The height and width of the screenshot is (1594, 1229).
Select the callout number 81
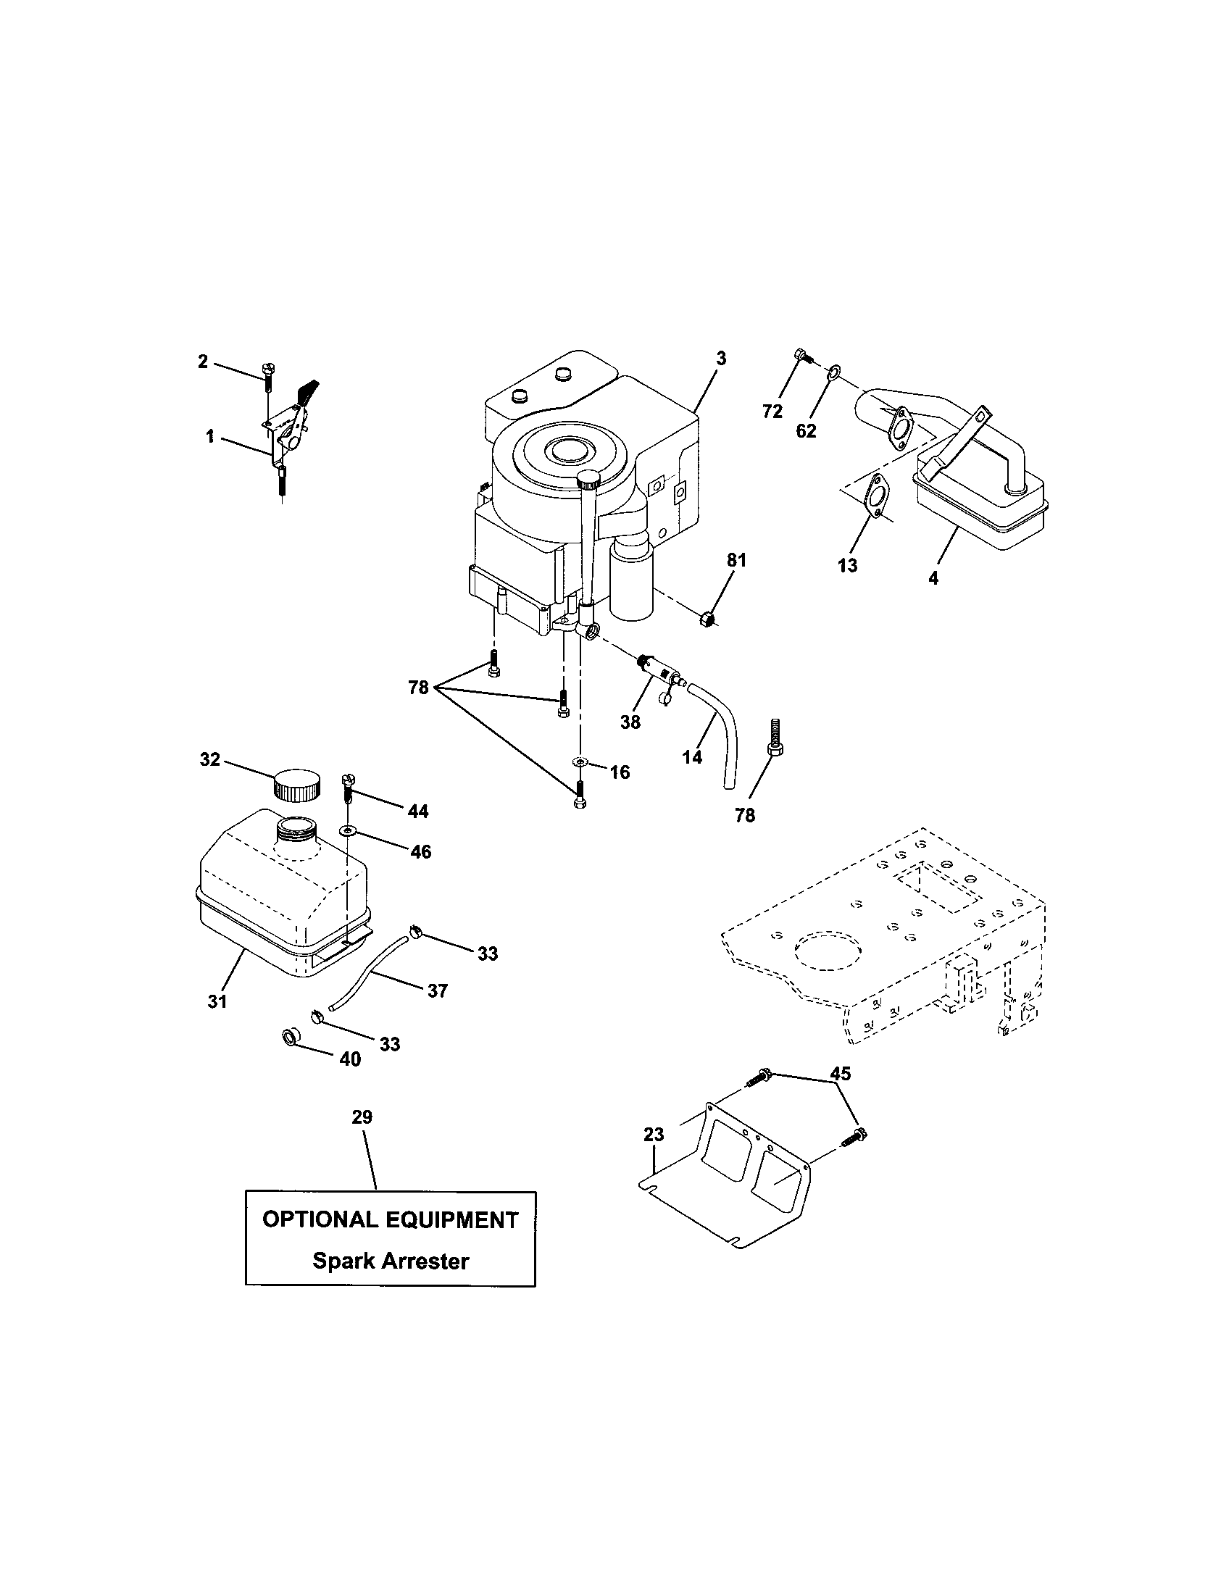click(x=736, y=561)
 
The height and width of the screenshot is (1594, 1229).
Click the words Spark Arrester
click(x=391, y=1261)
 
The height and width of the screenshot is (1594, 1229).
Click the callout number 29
click(x=362, y=1117)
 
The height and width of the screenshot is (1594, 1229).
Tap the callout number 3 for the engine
click(x=721, y=359)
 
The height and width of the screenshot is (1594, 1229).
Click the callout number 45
click(x=841, y=1074)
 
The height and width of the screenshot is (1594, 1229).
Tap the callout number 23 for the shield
click(x=654, y=1135)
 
